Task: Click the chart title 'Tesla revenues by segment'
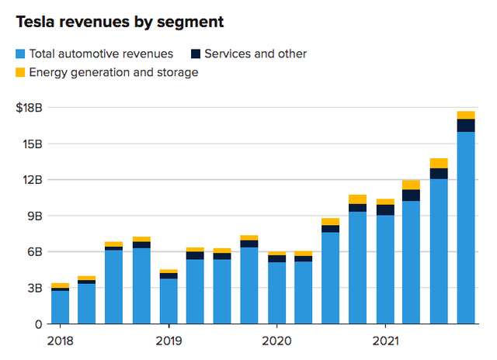[x=120, y=22]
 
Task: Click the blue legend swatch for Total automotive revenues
[x=20, y=54]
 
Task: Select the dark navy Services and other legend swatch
[x=196, y=54]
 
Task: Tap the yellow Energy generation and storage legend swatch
[x=20, y=72]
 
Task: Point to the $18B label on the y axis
[x=29, y=108]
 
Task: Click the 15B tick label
[x=33, y=144]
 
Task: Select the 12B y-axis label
[x=33, y=180]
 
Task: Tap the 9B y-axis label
[x=34, y=216]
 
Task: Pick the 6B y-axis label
[x=34, y=252]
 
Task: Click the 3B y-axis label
[x=34, y=288]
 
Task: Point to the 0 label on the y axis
[x=38, y=324]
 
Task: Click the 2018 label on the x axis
[x=61, y=341]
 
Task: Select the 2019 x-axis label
[x=169, y=341]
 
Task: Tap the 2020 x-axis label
[x=276, y=341]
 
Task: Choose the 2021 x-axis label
[x=385, y=341]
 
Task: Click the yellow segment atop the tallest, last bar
[x=466, y=116]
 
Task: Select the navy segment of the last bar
[x=466, y=126]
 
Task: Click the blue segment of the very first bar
[x=61, y=307]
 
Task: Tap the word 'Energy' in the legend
[x=48, y=73]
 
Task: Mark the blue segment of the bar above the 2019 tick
[x=169, y=301]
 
